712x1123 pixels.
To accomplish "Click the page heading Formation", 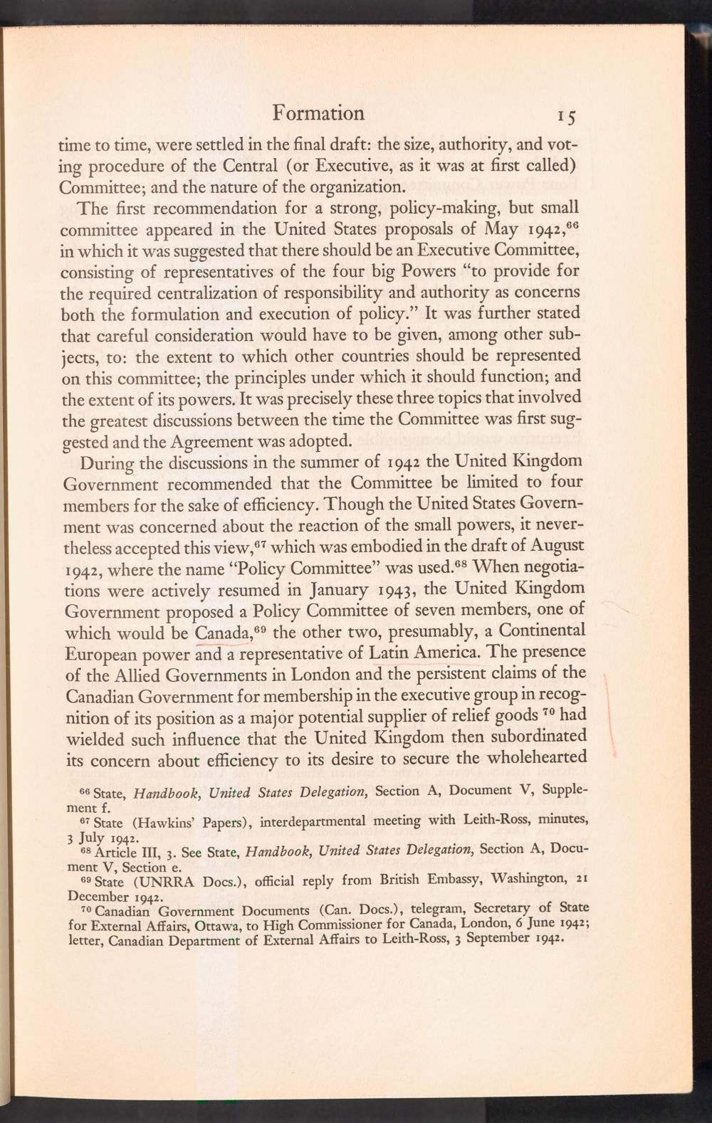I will [x=318, y=113].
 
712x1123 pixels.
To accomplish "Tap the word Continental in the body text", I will [x=543, y=632].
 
